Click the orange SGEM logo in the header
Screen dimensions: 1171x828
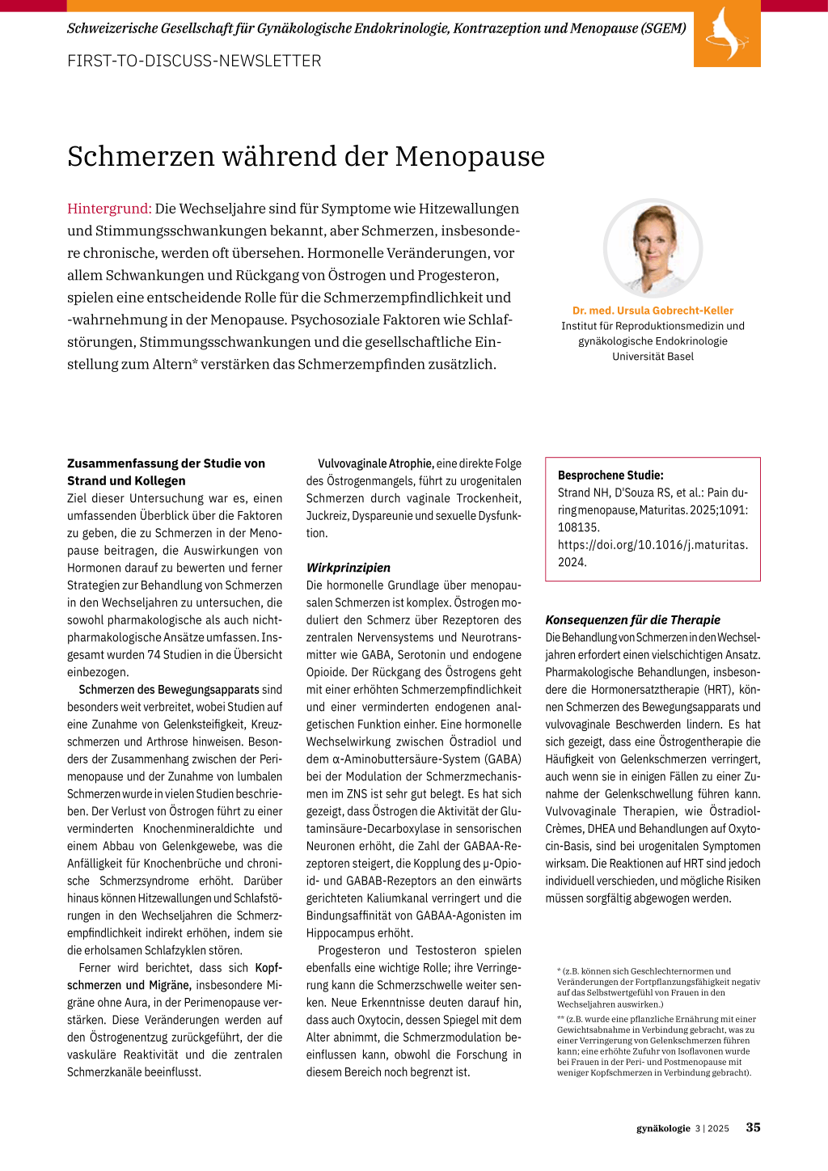tap(726, 34)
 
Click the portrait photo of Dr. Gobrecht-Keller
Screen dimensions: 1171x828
tap(653, 248)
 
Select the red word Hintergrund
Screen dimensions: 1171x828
tap(109, 209)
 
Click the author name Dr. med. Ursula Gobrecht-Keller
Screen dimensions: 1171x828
tap(653, 311)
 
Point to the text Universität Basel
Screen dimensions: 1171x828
tap(653, 357)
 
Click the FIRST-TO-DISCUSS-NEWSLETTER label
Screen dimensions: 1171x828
tap(194, 61)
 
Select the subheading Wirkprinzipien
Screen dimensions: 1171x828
tap(348, 568)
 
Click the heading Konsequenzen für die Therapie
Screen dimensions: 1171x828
tap(632, 620)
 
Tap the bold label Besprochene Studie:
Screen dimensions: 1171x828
tap(610, 476)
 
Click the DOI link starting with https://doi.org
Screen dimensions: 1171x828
tap(653, 545)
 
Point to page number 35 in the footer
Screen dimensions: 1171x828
tap(753, 1127)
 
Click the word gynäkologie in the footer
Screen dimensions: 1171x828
tap(663, 1128)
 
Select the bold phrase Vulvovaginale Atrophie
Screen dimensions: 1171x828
tap(376, 464)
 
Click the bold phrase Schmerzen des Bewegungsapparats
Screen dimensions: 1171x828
tap(169, 690)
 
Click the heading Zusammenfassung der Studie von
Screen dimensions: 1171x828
tap(166, 463)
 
